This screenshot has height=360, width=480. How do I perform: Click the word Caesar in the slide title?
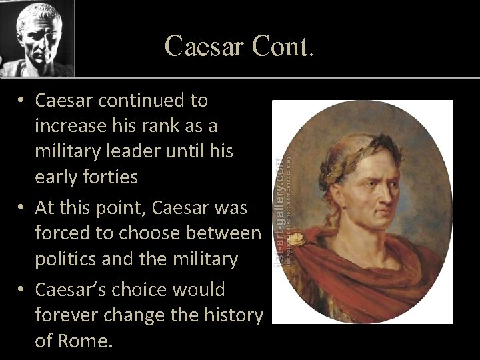click(x=205, y=45)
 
